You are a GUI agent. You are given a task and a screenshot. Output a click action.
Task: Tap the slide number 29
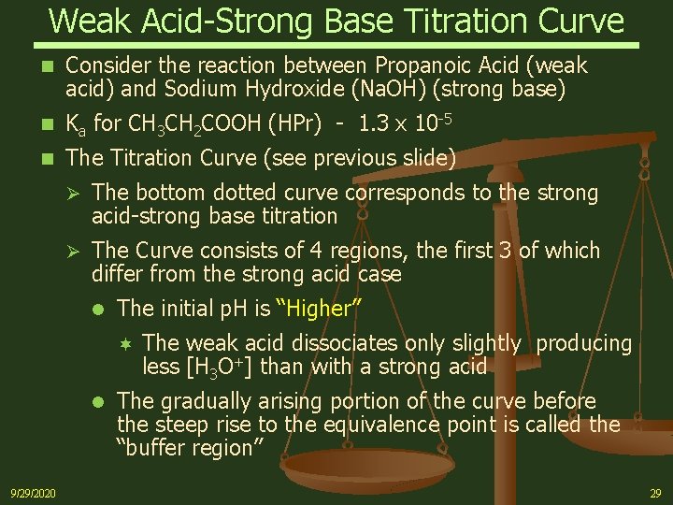(x=655, y=492)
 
